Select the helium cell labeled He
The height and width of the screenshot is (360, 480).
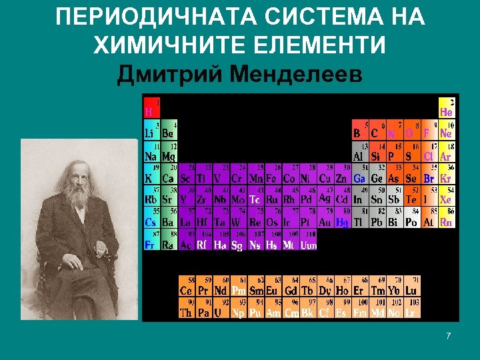447,108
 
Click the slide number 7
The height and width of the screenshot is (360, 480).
449,335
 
